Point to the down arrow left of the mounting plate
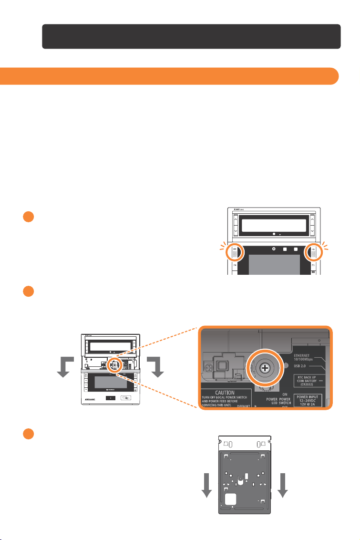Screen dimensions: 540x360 [x=206, y=485]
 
